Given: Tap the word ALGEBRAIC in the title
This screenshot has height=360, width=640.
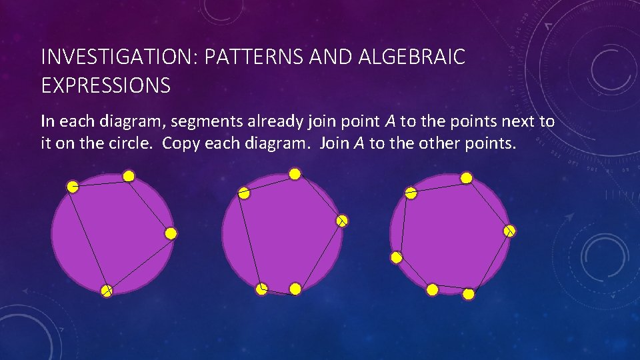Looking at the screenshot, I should tap(412, 58).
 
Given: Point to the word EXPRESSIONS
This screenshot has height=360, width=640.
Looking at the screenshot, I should tap(105, 86).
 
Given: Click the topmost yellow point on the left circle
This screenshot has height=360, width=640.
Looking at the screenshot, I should tap(129, 176).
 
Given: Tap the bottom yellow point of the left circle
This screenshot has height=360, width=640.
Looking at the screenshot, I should tap(107, 290).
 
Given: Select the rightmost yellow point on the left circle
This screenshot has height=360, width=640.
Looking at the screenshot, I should tap(171, 233).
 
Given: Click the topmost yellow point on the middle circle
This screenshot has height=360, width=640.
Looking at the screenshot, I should tap(295, 173).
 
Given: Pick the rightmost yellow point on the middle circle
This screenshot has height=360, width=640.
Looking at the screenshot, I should tap(341, 221).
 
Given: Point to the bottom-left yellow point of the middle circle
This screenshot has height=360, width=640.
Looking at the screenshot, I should tap(262, 289).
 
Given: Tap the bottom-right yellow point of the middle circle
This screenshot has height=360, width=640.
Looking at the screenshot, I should tap(295, 289).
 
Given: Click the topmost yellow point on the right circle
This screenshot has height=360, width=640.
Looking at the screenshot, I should tap(467, 178).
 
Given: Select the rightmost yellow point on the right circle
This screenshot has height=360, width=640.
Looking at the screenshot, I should tap(509, 231).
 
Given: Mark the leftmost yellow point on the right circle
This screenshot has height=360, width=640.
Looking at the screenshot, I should tap(396, 257).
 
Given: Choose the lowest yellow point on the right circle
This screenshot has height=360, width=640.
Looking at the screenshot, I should tap(469, 294).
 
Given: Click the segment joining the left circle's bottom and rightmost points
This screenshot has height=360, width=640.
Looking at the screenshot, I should tap(139, 262).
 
